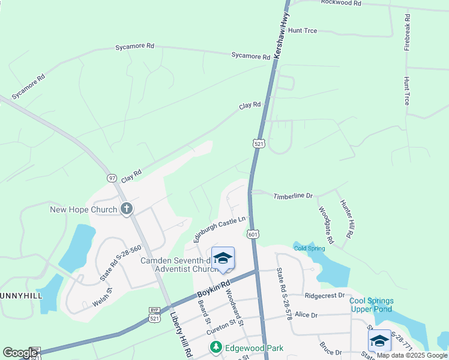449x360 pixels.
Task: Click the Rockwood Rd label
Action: (x=341, y=3)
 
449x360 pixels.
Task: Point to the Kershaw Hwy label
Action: (x=280, y=36)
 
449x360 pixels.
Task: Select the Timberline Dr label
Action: (x=294, y=196)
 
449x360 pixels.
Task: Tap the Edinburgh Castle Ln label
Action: (x=220, y=230)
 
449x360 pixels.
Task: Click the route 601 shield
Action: (x=253, y=234)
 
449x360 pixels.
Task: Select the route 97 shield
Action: (x=112, y=178)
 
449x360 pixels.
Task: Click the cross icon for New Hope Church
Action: (x=127, y=209)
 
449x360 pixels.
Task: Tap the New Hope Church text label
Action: (x=83, y=209)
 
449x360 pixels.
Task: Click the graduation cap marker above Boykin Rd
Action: (x=223, y=258)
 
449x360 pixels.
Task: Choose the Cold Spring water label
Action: (x=309, y=248)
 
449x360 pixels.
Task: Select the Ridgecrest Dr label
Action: (x=325, y=295)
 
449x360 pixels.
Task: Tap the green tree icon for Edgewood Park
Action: (x=215, y=347)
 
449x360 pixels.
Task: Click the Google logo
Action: (x=20, y=353)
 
